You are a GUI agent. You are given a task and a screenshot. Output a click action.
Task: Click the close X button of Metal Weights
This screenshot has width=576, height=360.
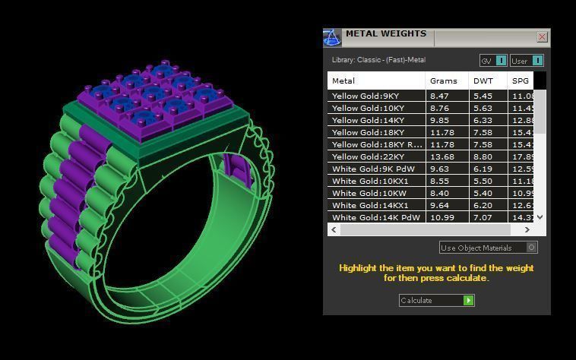pyautogui.click(x=542, y=36)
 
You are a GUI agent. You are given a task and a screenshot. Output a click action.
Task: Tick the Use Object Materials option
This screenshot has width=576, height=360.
pyautogui.click(x=531, y=248)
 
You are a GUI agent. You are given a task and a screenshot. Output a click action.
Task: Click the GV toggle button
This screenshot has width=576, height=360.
pyautogui.click(x=493, y=61)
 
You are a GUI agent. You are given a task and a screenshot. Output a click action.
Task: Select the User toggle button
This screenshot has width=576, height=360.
pyautogui.click(x=527, y=61)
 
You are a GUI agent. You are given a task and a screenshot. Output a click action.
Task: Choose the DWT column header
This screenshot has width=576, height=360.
pyautogui.click(x=483, y=81)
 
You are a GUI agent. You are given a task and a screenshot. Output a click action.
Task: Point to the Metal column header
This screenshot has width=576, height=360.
pyautogui.click(x=343, y=81)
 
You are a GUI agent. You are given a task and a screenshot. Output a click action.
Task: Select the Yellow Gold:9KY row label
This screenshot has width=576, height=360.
pyautogui.click(x=366, y=96)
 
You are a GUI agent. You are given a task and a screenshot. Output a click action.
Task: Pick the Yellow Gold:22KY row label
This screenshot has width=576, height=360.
pyautogui.click(x=369, y=157)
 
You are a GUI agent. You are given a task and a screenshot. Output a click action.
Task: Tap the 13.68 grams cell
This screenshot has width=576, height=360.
pyautogui.click(x=441, y=157)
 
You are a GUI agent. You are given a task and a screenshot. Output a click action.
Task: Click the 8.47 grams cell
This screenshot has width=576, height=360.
pyautogui.click(x=439, y=96)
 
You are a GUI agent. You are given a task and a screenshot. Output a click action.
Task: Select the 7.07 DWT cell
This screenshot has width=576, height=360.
pyautogui.click(x=483, y=218)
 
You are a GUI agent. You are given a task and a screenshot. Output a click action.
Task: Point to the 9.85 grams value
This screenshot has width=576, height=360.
pyautogui.click(x=439, y=121)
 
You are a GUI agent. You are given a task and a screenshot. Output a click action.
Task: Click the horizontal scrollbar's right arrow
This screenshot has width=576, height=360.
pyautogui.click(x=530, y=229)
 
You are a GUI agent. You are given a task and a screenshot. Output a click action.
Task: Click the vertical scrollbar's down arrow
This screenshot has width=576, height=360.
pyautogui.click(x=540, y=217)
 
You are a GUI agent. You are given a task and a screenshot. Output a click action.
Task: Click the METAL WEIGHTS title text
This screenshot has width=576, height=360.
pyautogui.click(x=385, y=34)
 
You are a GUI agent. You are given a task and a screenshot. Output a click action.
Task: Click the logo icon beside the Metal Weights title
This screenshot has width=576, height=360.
pyautogui.click(x=331, y=37)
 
